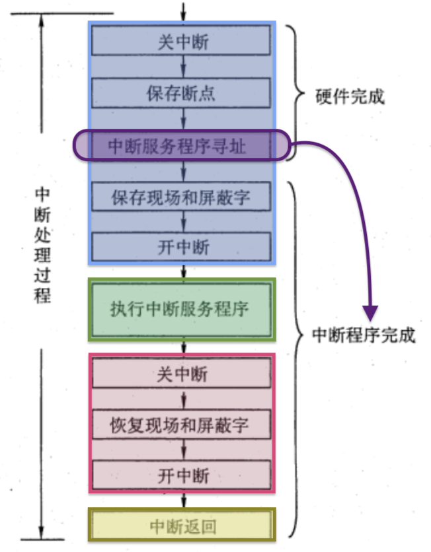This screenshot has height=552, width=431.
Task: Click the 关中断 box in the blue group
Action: tap(182, 42)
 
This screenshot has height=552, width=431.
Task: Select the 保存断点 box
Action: tap(182, 93)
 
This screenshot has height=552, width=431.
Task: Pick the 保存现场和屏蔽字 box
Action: tap(182, 197)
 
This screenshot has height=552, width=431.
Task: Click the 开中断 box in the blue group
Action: tap(182, 247)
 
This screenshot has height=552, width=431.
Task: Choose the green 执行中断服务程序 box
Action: tap(181, 309)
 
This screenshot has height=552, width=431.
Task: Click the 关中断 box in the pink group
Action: tap(182, 374)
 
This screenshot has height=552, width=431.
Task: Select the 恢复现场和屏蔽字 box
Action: tap(182, 425)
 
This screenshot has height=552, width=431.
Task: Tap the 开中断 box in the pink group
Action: tap(182, 475)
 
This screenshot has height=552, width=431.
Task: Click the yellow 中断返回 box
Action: tap(182, 526)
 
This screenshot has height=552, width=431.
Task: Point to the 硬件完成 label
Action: tap(350, 98)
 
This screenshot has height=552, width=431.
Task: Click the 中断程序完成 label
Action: tap(364, 335)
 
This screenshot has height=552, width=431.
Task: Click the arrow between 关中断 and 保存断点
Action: tap(182, 67)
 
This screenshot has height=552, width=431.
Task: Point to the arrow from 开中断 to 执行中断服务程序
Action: tap(183, 270)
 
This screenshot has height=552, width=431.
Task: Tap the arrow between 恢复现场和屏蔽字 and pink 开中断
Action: tap(182, 450)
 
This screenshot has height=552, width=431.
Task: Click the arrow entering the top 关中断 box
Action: tap(183, 11)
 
